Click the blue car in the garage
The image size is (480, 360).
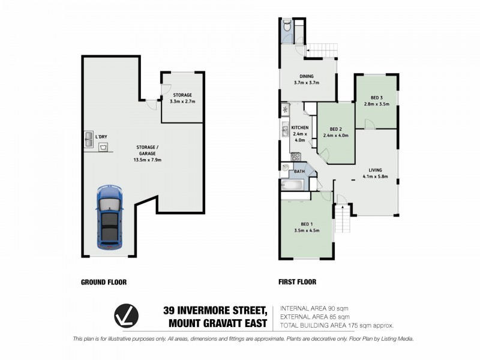pos(109,217)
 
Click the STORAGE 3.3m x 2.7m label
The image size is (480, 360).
pos(182,98)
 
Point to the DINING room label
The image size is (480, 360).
pos(306,79)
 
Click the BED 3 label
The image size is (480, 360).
pos(376,100)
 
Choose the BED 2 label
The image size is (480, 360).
pos(335,132)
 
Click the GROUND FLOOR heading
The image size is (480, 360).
pos(104,281)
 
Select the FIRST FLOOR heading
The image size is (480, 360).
pos(297,281)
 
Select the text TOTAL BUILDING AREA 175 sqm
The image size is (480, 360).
pos(337,325)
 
